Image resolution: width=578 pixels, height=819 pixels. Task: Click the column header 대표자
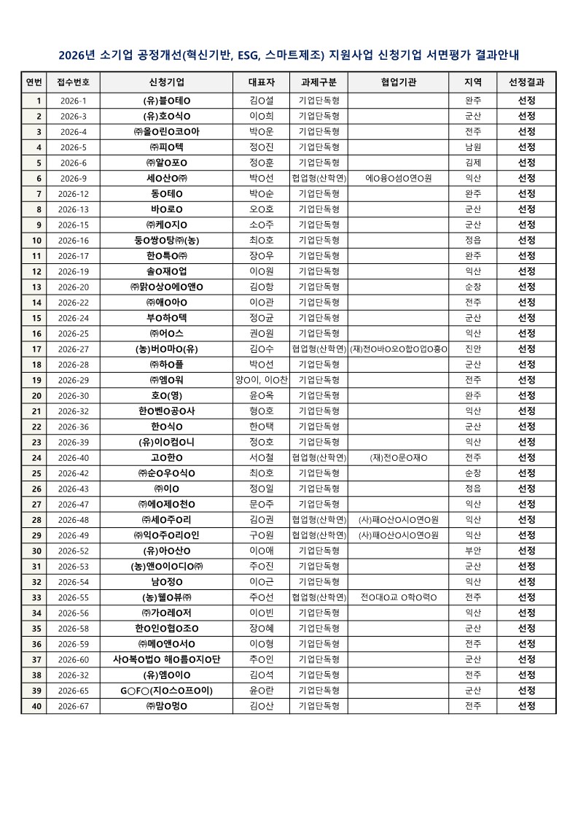tap(261, 82)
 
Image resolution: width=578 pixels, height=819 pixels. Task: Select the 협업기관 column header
tap(399, 82)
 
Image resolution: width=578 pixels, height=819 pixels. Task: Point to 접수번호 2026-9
tap(73, 178)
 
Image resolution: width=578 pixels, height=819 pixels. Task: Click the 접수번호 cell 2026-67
tap(73, 705)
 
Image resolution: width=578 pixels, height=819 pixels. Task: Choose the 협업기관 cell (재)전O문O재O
tap(399, 457)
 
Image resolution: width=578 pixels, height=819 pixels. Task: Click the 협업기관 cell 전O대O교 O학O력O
tap(399, 597)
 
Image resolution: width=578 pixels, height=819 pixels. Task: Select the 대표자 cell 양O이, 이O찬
tap(261, 380)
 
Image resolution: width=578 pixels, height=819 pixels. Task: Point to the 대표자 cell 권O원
tap(261, 333)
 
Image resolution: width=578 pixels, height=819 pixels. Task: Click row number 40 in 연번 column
tap(34, 705)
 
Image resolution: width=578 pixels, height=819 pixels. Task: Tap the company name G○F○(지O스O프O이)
tap(166, 690)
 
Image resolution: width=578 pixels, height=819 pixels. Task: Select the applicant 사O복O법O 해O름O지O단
tap(166, 659)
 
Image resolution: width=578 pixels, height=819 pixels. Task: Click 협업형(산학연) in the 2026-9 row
tap(319, 178)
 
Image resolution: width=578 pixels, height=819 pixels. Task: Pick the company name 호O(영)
tap(166, 395)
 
